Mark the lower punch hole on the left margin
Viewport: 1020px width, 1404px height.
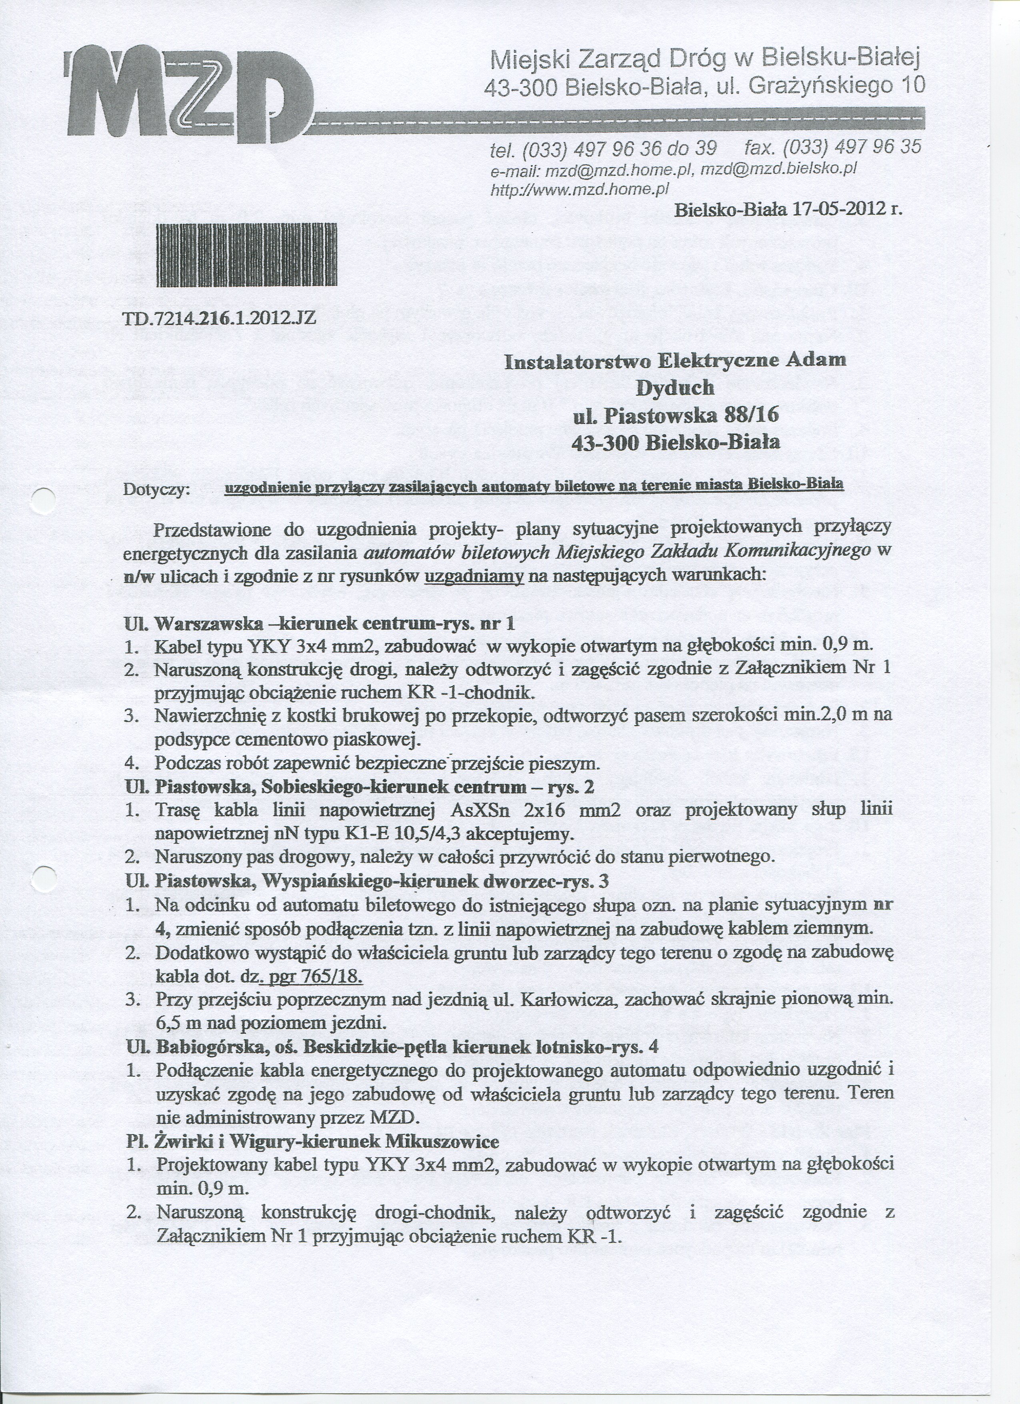(43, 878)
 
